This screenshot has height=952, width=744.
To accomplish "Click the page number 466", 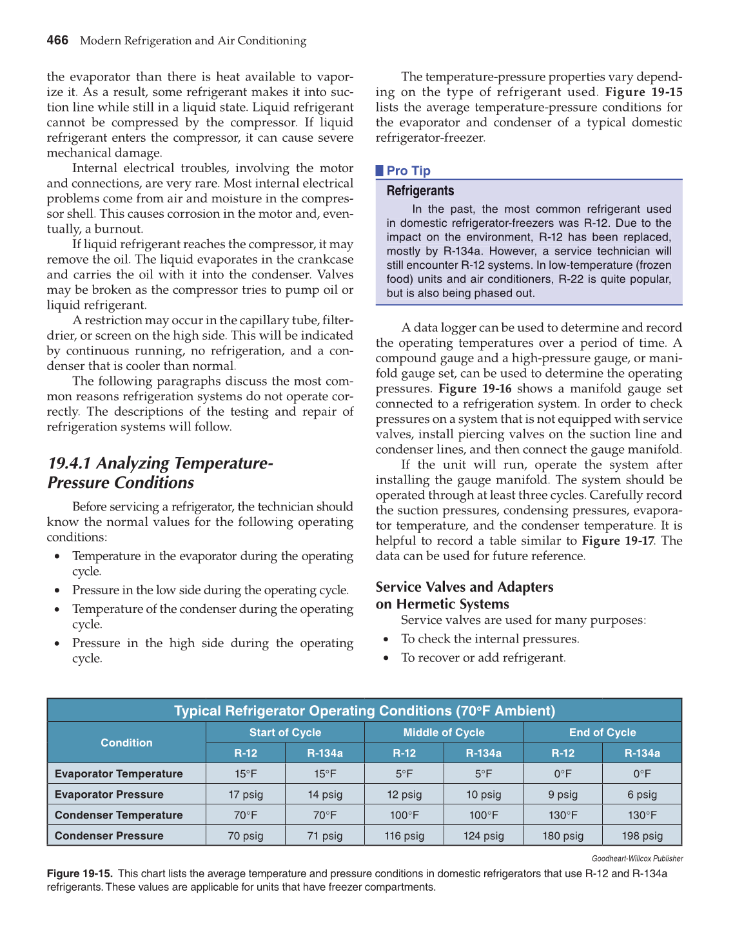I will tap(57, 40).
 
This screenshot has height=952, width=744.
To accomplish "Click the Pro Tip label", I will tap(408, 171).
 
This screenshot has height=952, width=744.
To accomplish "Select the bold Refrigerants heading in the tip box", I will tap(420, 191).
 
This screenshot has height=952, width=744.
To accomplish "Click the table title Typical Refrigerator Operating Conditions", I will tap(364, 711).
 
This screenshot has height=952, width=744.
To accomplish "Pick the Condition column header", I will tap(126, 743).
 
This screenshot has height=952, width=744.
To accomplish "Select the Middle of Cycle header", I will tap(444, 732).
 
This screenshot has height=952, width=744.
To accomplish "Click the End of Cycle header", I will tap(602, 732).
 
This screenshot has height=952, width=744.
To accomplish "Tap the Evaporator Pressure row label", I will tap(109, 794).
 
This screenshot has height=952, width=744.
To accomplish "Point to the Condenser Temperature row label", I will tap(119, 815).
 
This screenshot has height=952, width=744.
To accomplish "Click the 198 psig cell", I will tap(642, 836).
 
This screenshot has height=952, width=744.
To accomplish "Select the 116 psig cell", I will tap(404, 836).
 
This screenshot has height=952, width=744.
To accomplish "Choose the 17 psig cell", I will tap(246, 795).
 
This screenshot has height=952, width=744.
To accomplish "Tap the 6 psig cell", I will tap(642, 795).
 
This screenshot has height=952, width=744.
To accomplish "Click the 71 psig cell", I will tap(325, 836).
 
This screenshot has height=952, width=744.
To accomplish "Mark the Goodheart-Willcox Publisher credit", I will tap(637, 859).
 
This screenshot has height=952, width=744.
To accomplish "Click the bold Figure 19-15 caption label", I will tap(80, 874).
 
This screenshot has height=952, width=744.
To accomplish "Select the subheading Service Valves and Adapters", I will tap(464, 587).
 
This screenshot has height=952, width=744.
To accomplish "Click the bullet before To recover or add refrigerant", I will tap(386, 658).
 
